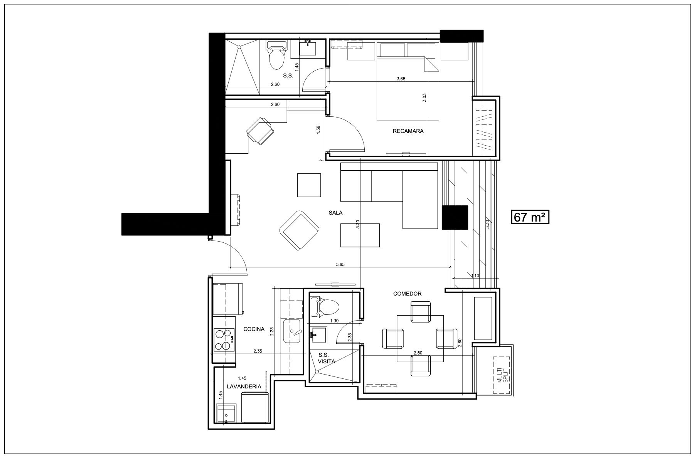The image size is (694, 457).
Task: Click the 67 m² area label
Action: pos(530,217)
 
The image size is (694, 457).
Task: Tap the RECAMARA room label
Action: pos(408,131)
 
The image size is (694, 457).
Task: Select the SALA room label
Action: pos(335,213)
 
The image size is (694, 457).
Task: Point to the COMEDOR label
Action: pos(407,294)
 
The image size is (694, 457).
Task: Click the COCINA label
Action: pos(254,329)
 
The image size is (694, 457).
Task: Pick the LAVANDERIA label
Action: pos(244,386)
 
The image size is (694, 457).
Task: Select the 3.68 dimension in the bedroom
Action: pos(401,79)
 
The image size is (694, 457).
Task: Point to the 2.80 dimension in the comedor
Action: pos(418,353)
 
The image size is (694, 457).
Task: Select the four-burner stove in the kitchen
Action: pos(224,339)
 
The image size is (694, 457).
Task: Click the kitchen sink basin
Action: pos(295,331)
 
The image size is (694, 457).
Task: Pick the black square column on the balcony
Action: pos(455,218)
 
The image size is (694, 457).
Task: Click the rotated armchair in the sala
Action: pos(300,230)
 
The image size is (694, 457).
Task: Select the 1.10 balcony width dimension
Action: pos(475,276)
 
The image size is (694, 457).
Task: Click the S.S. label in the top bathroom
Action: pos(288,76)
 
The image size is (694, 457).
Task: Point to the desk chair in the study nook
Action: pos(261,131)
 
